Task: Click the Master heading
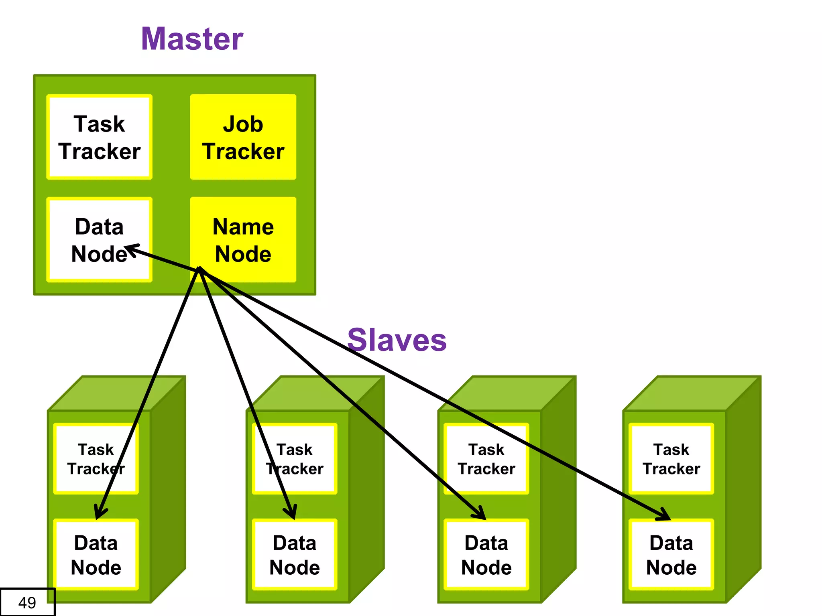click(x=192, y=39)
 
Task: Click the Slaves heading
click(x=397, y=340)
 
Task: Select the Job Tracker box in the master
click(x=243, y=137)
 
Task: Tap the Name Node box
click(x=243, y=239)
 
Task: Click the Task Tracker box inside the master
click(x=99, y=137)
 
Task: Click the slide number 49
click(x=27, y=602)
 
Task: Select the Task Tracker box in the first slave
click(x=96, y=459)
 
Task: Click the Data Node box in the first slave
click(x=96, y=555)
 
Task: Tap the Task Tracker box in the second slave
click(x=295, y=459)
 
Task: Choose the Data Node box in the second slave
click(x=295, y=555)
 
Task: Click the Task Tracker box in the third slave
click(x=486, y=459)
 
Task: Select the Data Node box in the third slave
click(x=486, y=555)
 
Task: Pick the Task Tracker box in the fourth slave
click(x=671, y=459)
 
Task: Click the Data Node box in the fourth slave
click(x=671, y=555)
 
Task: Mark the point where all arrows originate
click(x=199, y=270)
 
